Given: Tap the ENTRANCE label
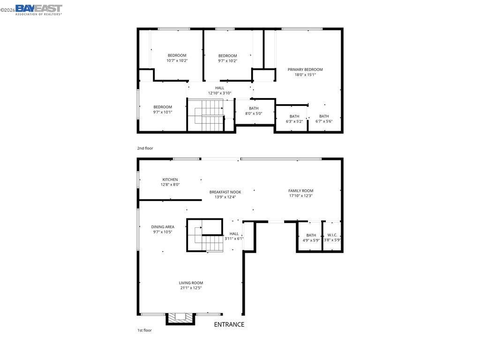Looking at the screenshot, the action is coord(229,324).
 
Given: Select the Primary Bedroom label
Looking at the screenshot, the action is coord(305,69).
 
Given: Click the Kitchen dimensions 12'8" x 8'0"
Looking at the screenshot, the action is coord(170,185).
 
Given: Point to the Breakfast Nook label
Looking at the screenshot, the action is coord(225,192).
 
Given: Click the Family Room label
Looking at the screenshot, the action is coord(300,191).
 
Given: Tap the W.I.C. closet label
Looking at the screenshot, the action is coord(332,235).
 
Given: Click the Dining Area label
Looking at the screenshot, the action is coord(163,227).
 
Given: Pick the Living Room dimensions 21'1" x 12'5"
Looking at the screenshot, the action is coord(191,288).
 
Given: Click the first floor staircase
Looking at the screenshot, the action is coord(204,235).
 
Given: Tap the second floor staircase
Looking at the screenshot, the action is coord(205,115).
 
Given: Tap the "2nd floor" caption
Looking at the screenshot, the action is coord(145,148).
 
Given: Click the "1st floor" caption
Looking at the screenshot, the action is coord(144,330).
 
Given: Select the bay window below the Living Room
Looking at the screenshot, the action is coord(180,319).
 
